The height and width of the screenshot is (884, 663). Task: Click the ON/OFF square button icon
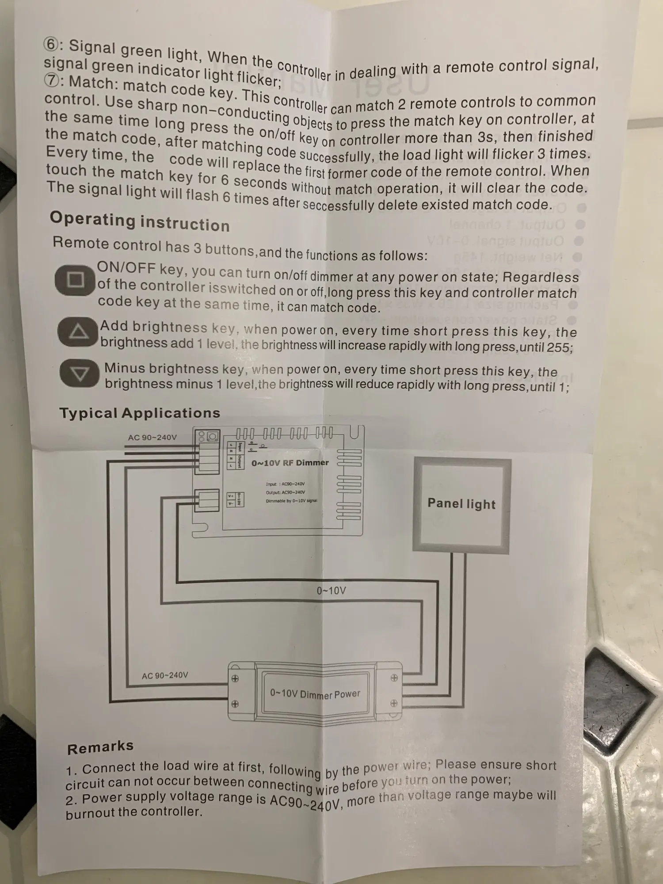(x=75, y=280)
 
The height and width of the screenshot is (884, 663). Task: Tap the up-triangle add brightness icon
(x=78, y=331)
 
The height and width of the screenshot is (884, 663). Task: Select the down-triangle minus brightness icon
(x=80, y=373)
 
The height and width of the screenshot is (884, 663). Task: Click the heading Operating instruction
(x=139, y=221)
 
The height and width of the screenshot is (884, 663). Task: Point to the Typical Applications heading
(x=140, y=413)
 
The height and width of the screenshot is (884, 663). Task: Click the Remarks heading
(x=100, y=747)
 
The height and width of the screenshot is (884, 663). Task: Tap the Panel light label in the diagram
(x=461, y=503)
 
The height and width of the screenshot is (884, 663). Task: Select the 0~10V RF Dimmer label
(x=290, y=463)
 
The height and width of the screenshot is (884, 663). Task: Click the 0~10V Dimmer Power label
(x=315, y=693)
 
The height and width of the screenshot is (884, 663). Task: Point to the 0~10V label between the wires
(x=331, y=591)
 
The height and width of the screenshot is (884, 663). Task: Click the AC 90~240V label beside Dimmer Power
(x=165, y=675)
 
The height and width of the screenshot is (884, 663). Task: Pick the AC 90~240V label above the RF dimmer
(x=152, y=437)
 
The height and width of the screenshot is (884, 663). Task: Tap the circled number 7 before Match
(x=52, y=80)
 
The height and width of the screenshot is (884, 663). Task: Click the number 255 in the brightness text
(x=558, y=347)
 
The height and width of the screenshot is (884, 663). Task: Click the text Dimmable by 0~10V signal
(x=291, y=501)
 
